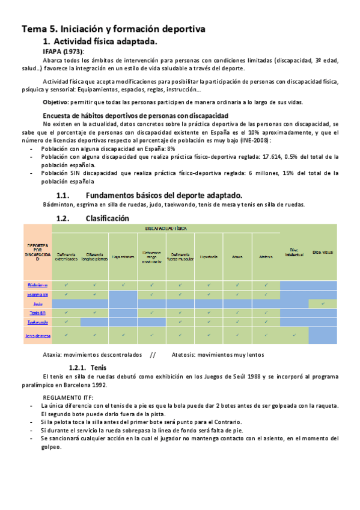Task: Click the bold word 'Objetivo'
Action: click(x=55, y=102)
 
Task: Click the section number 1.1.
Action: click(x=64, y=195)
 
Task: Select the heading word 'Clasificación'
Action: click(x=107, y=218)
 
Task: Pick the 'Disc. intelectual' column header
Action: click(x=294, y=253)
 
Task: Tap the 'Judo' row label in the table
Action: click(x=37, y=304)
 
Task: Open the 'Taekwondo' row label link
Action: click(x=37, y=322)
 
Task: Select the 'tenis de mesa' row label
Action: click(x=37, y=336)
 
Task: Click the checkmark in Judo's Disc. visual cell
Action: click(x=323, y=304)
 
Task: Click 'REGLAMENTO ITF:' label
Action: click(x=68, y=398)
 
